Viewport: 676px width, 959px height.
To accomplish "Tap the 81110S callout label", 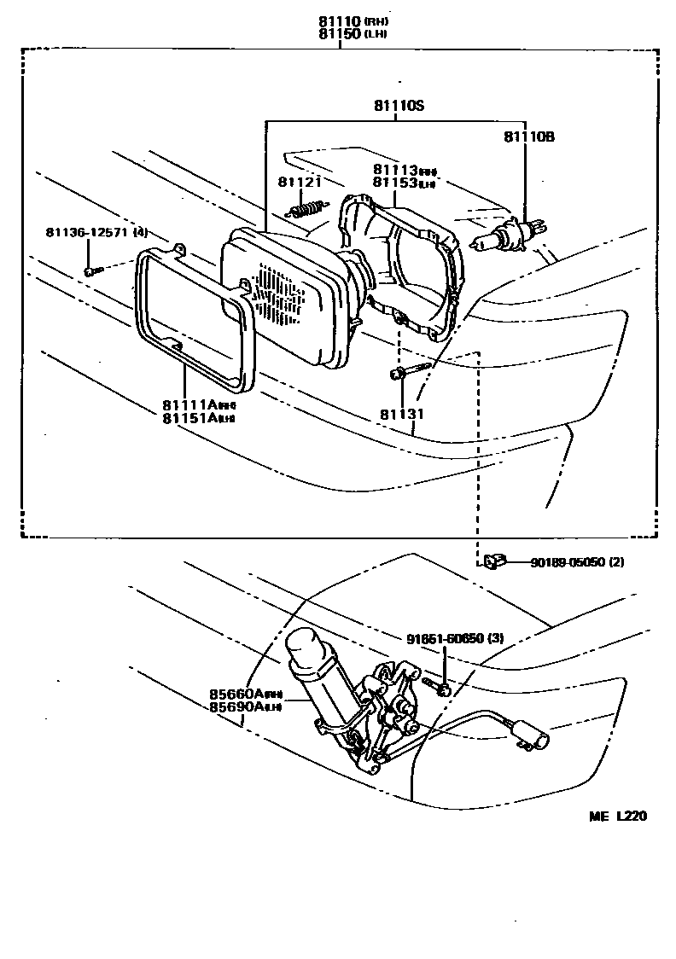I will point(398,106).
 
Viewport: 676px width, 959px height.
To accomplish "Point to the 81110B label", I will point(528,136).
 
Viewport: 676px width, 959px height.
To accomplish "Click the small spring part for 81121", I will point(308,207).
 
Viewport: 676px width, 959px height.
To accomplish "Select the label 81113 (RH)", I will point(405,171).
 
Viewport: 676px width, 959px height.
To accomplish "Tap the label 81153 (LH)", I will point(405,183).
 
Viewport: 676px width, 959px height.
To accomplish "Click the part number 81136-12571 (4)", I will point(96,232).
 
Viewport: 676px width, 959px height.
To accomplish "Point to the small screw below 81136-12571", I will point(91,270).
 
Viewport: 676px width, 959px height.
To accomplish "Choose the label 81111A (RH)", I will point(198,404).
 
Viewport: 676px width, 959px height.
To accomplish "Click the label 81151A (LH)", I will point(198,417).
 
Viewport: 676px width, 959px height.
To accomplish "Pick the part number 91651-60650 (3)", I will point(455,637).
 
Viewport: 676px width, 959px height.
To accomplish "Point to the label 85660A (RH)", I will point(246,694).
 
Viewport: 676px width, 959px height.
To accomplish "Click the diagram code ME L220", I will point(617,817).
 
